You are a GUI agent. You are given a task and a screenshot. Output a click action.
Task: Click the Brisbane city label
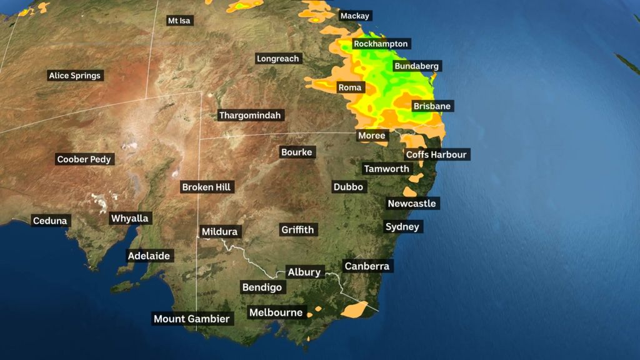[x=432, y=106]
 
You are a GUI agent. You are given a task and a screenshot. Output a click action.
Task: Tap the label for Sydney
[x=402, y=227]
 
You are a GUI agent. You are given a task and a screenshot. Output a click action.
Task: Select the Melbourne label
[x=276, y=312]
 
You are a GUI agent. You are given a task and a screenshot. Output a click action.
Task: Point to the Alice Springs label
[x=74, y=76]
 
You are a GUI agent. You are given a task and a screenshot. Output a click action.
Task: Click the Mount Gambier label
[x=192, y=319]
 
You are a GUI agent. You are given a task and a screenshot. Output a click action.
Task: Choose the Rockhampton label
[x=381, y=44]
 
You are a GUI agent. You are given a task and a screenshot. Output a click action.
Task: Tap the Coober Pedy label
[x=84, y=159]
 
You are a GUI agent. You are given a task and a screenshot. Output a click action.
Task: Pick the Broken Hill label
[x=206, y=187]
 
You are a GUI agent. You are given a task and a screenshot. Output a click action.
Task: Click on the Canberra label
[x=367, y=266]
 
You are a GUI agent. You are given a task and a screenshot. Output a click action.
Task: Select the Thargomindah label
[x=251, y=115]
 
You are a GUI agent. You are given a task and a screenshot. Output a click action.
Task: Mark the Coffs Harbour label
[x=436, y=154]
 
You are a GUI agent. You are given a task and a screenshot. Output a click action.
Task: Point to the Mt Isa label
[x=179, y=21]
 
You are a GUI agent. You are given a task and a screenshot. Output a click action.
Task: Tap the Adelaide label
[x=149, y=256]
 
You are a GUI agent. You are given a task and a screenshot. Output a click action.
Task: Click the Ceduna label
[x=50, y=221]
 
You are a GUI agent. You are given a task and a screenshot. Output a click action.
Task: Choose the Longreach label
[x=278, y=59]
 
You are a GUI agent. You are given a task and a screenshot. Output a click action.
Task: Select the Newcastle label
[x=412, y=204]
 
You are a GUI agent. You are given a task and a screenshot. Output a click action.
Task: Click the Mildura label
[x=219, y=232]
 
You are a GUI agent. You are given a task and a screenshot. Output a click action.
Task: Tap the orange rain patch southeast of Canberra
[x=356, y=308]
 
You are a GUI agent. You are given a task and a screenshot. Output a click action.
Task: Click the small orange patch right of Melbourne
[x=317, y=308]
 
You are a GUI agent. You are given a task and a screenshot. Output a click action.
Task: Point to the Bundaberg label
[x=416, y=66]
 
